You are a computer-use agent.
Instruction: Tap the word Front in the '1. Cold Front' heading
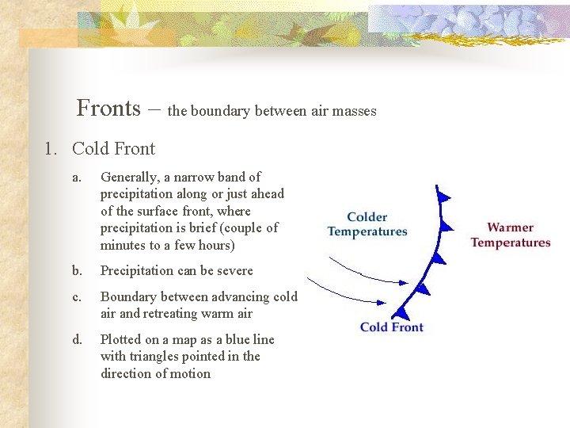coord(135,149)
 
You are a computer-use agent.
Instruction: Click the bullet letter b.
coord(77,271)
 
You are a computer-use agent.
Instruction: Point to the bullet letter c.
coord(76,297)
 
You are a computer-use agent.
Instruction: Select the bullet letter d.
coord(77,340)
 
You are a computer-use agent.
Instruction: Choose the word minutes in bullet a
coord(122,246)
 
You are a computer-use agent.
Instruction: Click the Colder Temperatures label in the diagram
coord(367,224)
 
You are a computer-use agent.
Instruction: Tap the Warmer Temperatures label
coord(510,235)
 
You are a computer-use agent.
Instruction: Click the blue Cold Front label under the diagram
coord(391,327)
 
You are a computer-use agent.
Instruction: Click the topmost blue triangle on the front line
coord(444,197)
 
